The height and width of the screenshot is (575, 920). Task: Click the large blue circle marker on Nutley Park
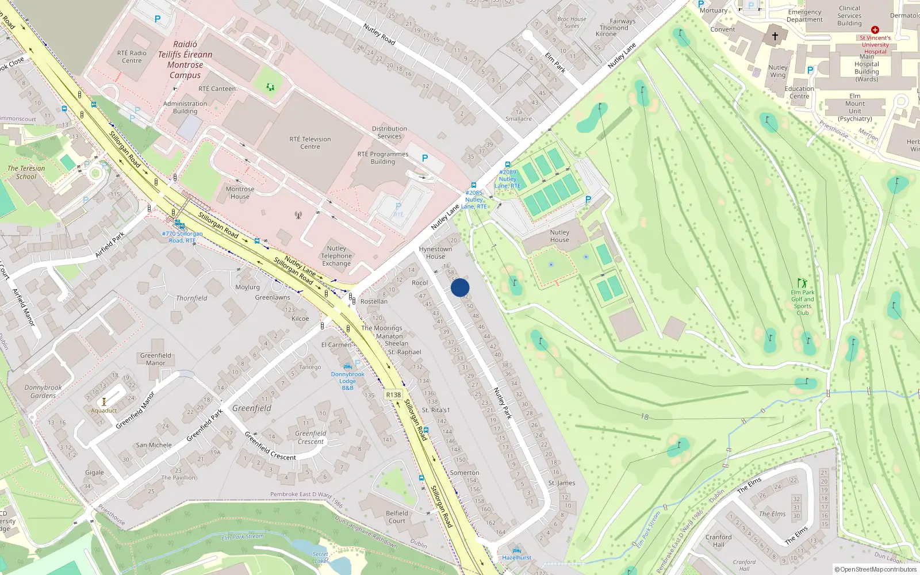point(460,287)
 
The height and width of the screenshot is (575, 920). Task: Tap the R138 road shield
point(393,395)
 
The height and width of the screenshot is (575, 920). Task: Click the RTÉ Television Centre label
point(310,143)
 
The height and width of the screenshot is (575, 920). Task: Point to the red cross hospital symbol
point(875,30)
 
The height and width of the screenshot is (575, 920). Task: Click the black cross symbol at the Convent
point(775,36)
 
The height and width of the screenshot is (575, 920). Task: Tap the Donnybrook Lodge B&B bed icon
point(347,366)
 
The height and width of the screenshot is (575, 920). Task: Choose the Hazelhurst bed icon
point(516,550)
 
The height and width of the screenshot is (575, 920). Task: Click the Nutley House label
point(559,236)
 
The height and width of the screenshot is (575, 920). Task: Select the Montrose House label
point(240,193)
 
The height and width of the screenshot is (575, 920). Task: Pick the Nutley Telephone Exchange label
point(336,256)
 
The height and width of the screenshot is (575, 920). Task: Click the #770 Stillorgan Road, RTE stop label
point(182,237)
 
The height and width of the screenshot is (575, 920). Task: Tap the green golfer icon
point(802,283)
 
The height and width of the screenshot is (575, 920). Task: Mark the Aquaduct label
point(103,411)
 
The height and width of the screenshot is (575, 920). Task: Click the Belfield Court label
point(397,517)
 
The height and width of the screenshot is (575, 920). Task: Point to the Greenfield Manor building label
point(155,359)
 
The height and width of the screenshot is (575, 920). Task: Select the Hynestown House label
point(435,252)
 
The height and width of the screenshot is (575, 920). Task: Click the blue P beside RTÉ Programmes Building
point(425,158)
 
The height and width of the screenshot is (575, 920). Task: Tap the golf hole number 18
point(644,417)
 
